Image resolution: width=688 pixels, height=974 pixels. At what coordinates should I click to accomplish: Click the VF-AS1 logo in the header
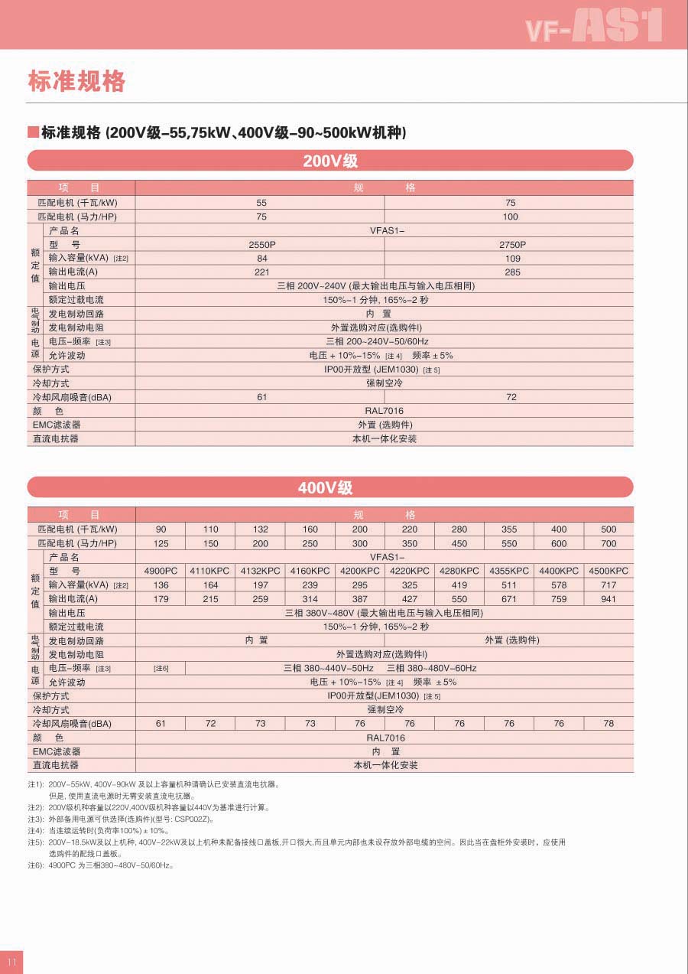[593, 25]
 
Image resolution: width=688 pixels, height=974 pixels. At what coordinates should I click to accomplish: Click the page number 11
[11, 962]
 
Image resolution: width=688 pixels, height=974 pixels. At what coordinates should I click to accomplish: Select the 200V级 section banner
[330, 161]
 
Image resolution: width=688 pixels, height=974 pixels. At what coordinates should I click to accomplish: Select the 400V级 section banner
[330, 487]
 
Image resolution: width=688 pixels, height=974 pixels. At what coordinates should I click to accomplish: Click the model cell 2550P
[261, 245]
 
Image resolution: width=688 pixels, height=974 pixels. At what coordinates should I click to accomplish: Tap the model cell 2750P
[511, 245]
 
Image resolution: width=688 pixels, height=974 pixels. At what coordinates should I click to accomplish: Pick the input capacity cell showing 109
[511, 259]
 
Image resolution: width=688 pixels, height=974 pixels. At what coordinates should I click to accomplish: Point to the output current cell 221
[261, 272]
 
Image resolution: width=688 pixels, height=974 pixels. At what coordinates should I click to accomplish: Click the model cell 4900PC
[161, 571]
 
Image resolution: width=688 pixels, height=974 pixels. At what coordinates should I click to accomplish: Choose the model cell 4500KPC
[608, 571]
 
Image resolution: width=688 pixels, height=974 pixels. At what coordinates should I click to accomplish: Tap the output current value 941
[608, 599]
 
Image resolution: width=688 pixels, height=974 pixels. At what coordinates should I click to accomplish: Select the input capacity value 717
[608, 585]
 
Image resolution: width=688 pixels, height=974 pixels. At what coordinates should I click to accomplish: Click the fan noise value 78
[608, 724]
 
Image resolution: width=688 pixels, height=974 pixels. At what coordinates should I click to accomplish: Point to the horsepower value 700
[608, 543]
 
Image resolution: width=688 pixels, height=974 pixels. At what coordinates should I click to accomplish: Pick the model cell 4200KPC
[359, 571]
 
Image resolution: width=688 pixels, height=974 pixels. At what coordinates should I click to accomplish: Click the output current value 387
[359, 599]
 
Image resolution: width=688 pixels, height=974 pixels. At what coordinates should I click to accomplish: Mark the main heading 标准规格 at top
[76, 81]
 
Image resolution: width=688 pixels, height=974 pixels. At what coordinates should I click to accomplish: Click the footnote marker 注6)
[36, 865]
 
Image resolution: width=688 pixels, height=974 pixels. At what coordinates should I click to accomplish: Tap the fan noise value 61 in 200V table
[261, 397]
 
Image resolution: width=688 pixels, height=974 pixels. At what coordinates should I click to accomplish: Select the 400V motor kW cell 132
[260, 529]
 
